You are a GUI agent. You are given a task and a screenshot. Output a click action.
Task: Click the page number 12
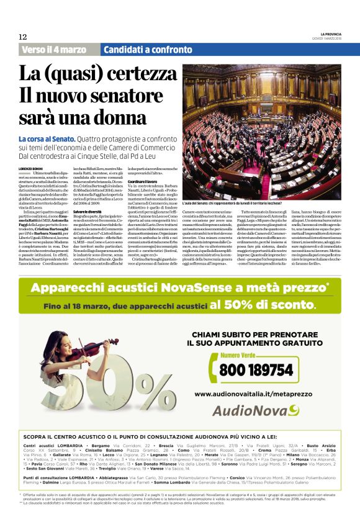tap(23, 37)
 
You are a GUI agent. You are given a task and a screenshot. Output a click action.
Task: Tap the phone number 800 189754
tap(256, 370)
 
